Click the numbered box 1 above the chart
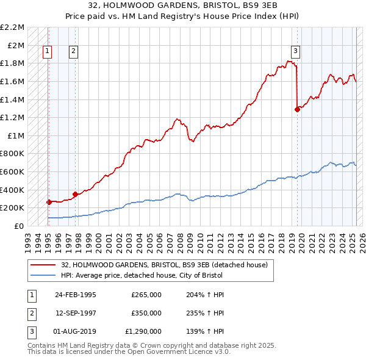[x=47, y=52]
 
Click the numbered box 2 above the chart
[x=73, y=52]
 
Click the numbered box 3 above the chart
[x=295, y=52]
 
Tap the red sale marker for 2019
[x=297, y=109]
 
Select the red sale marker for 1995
[x=48, y=202]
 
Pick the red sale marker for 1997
[x=75, y=194]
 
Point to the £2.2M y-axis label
[x=12, y=27]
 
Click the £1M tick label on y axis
[x=16, y=135]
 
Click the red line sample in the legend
[x=43, y=265]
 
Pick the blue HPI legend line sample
[x=43, y=275]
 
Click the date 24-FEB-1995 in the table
[x=76, y=295]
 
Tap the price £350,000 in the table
[x=146, y=313]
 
